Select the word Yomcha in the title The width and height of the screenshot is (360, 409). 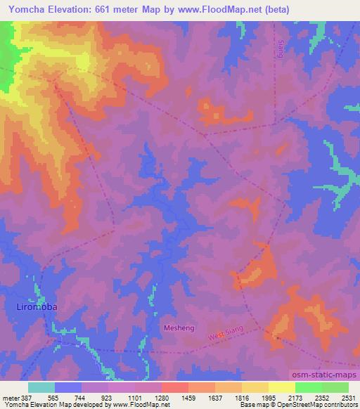click(x=24, y=10)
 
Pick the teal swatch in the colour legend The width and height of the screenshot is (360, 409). click(x=41, y=387)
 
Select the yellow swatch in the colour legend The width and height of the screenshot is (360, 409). click(x=281, y=387)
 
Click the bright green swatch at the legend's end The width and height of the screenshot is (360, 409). click(x=335, y=387)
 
